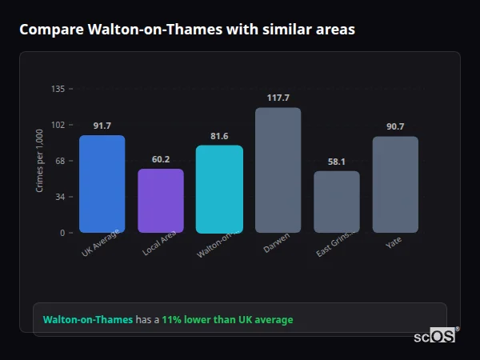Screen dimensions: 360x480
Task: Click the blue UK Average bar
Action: (102, 184)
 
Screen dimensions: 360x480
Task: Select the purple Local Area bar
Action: (161, 201)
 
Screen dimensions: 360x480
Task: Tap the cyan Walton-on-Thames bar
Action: (219, 189)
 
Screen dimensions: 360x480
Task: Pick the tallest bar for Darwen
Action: (278, 170)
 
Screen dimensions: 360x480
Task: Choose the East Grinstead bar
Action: (337, 202)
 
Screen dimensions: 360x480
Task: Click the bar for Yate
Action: (395, 185)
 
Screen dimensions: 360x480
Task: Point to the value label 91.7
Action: (102, 126)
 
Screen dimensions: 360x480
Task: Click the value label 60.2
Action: (161, 159)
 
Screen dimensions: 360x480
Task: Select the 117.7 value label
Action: (278, 98)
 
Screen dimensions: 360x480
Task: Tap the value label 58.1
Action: (337, 162)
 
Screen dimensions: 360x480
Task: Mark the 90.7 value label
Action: (395, 126)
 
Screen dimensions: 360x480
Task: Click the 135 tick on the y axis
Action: (58, 89)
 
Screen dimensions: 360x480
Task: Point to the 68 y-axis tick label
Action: (60, 161)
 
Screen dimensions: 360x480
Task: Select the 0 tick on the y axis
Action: (62, 233)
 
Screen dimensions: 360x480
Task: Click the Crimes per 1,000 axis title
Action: (40, 161)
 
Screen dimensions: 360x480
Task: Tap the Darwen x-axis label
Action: (278, 243)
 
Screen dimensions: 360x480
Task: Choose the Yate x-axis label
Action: (394, 242)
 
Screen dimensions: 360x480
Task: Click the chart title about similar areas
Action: (187, 30)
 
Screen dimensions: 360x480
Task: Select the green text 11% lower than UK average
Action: (227, 320)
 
